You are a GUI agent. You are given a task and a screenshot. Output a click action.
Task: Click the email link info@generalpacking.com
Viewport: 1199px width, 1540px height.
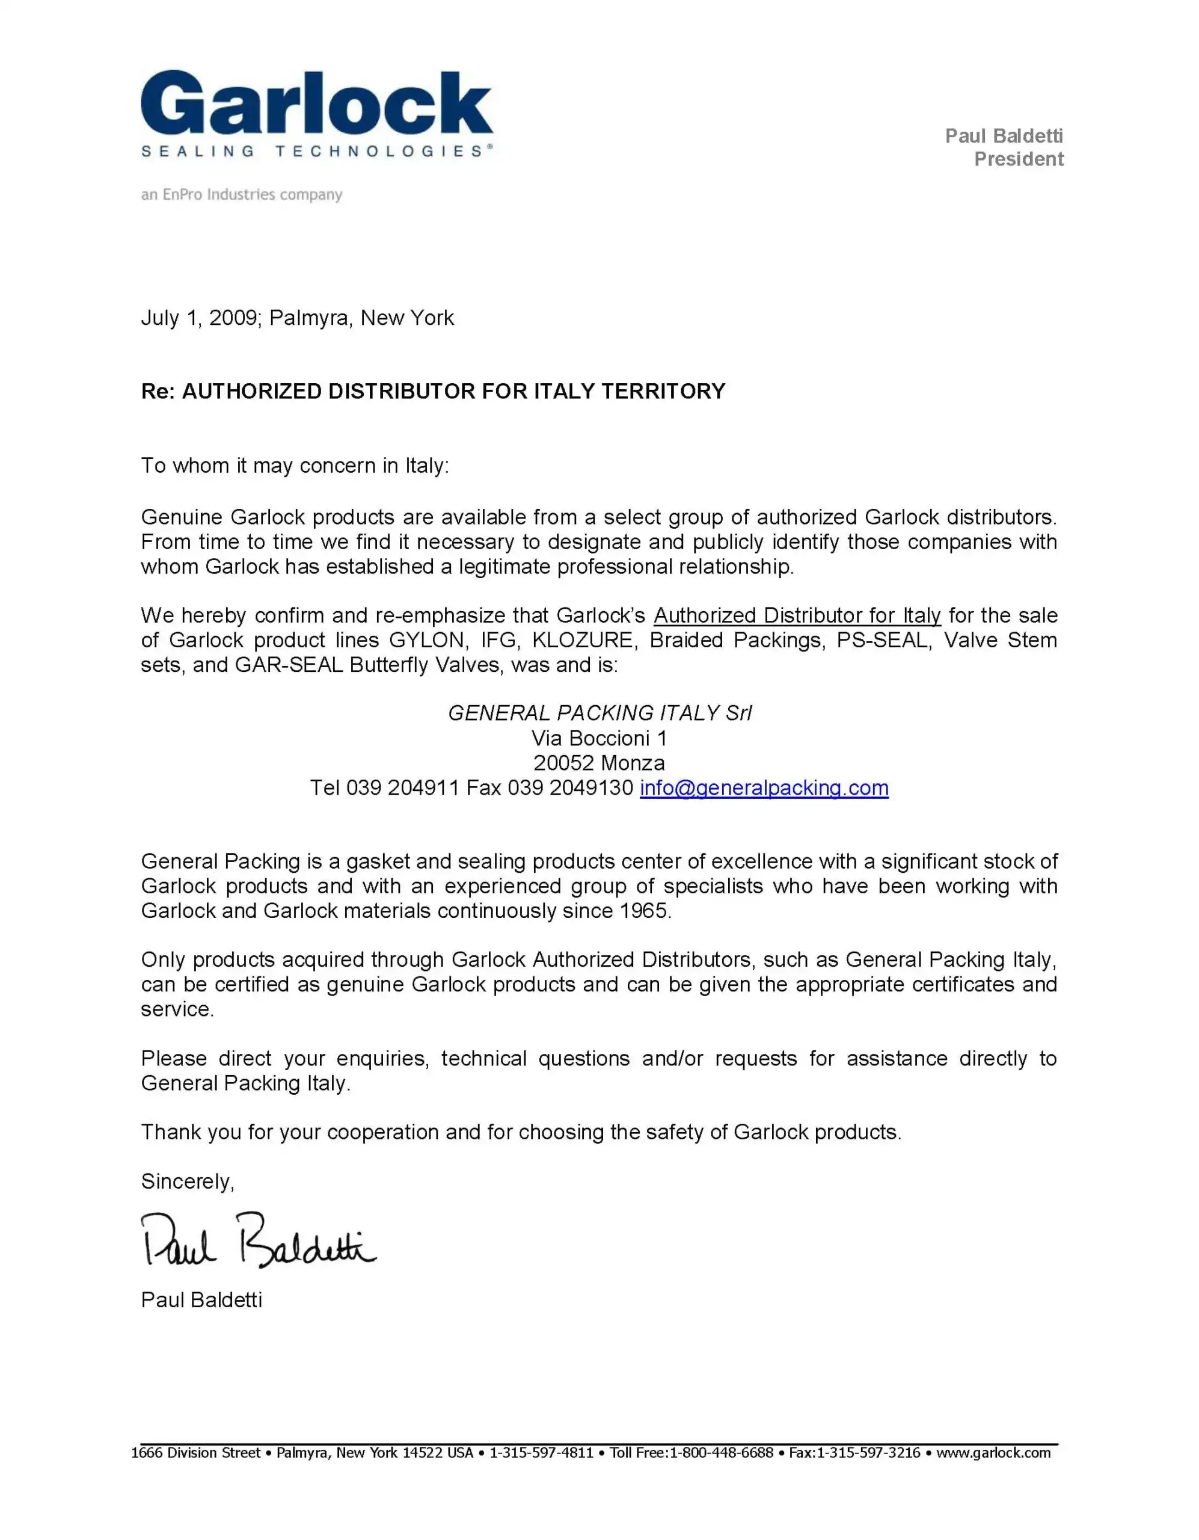[x=764, y=787]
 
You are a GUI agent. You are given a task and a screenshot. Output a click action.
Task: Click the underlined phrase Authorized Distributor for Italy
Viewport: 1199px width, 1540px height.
[x=797, y=615]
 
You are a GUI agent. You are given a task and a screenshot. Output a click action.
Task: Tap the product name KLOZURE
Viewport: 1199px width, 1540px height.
[x=582, y=640]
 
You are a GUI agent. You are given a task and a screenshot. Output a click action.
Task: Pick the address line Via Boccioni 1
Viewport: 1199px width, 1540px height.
[x=599, y=738]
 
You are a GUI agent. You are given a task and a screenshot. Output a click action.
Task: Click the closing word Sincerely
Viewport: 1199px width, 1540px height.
[x=187, y=1182]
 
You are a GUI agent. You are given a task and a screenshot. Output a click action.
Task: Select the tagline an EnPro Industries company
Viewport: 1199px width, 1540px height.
[x=241, y=195]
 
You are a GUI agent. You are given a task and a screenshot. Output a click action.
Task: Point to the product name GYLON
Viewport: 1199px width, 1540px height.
[x=426, y=640]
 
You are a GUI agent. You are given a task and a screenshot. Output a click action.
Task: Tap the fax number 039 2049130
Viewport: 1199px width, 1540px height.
[x=569, y=787]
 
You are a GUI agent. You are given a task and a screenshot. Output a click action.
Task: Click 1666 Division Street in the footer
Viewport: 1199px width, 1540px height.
[x=196, y=1453]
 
